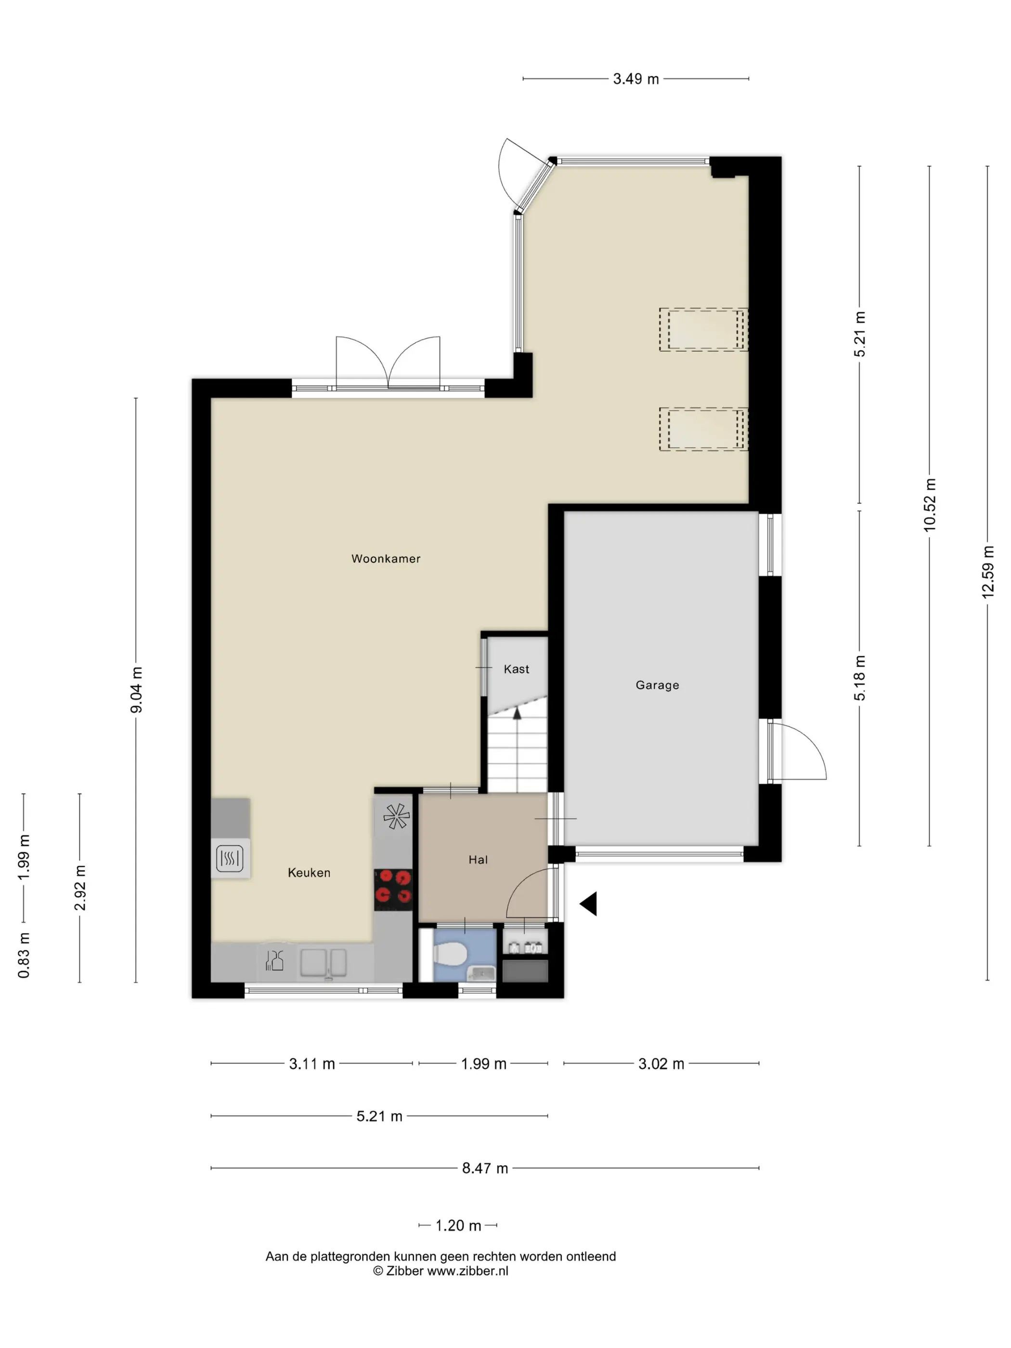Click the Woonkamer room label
[x=386, y=559]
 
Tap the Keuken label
[x=309, y=873]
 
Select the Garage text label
[x=657, y=685]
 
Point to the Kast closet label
[x=516, y=669]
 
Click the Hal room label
[x=478, y=860]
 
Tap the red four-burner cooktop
[x=393, y=887]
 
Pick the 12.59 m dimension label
[x=987, y=571]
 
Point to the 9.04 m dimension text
[x=136, y=689]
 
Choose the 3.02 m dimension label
[x=661, y=1064]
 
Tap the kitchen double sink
[x=323, y=963]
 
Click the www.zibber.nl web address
[x=467, y=1270]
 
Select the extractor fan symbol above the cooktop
[x=396, y=817]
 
